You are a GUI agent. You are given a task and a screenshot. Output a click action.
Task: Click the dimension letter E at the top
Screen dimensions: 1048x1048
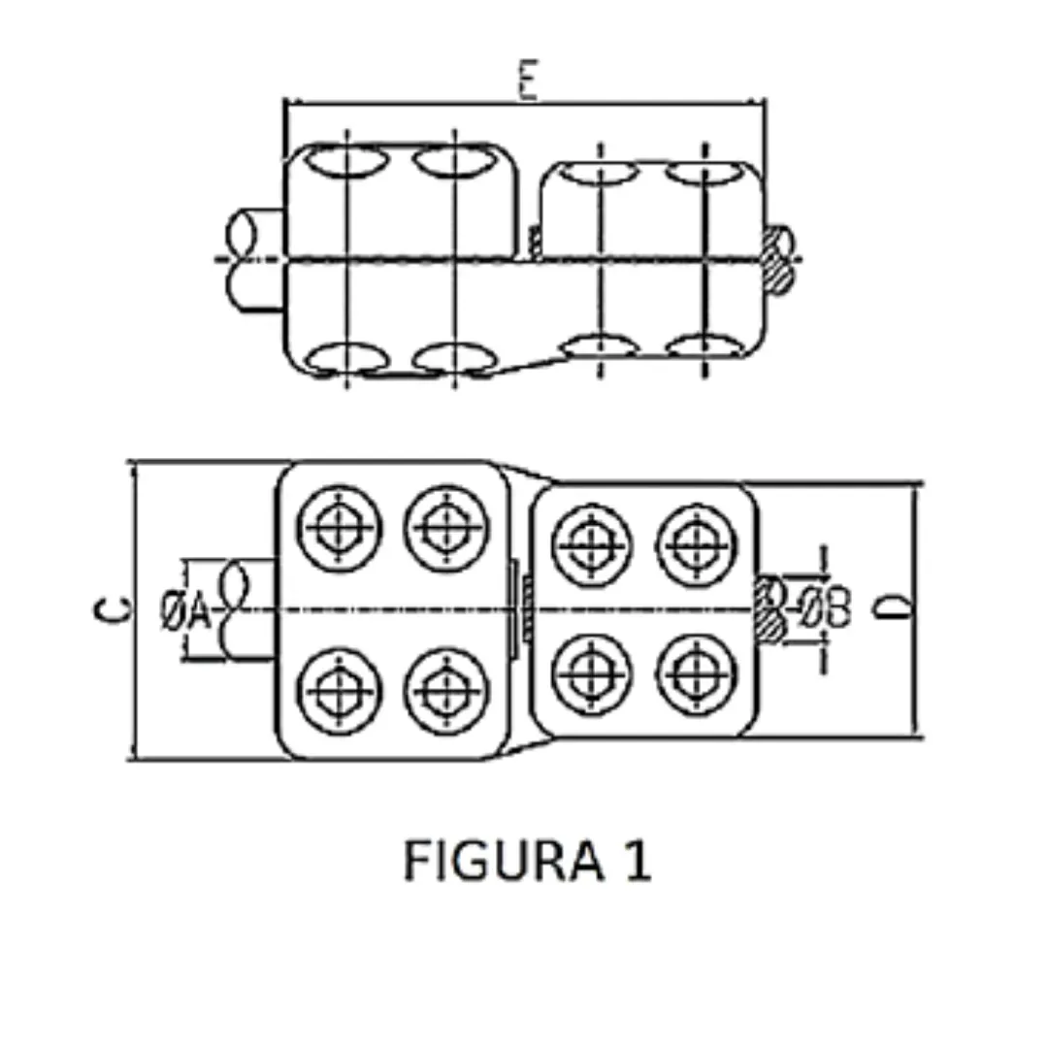527,82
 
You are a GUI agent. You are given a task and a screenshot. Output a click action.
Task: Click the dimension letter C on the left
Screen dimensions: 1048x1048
114,609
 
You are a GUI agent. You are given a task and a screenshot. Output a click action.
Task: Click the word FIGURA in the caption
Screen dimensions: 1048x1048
491,861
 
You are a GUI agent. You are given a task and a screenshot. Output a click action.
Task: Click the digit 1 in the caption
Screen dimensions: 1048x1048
636,861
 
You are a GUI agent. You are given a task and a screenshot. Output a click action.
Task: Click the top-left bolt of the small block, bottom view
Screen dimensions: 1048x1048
591,541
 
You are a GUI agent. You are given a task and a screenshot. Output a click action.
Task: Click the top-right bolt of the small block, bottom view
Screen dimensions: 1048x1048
696,541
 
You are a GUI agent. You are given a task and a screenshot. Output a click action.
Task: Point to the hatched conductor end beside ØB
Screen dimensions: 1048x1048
772,609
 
